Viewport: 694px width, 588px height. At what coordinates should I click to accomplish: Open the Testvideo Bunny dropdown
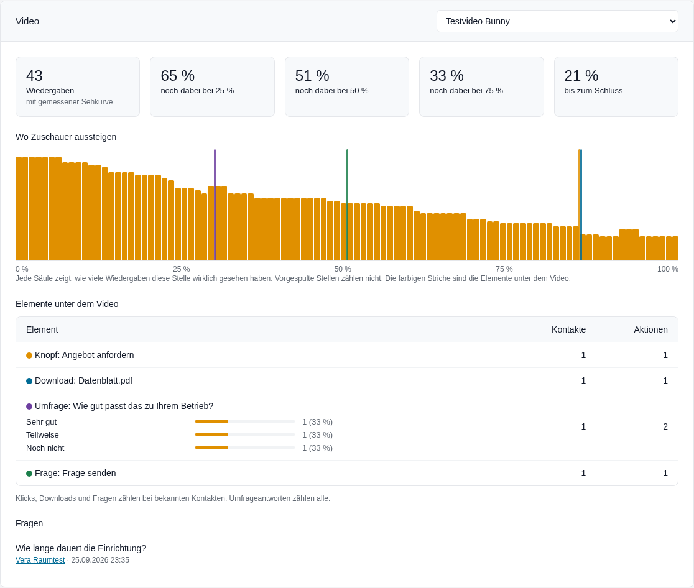coord(557,21)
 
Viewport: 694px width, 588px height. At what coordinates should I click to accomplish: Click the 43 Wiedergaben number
coord(35,76)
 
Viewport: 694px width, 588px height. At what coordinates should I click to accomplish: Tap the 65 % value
coord(177,76)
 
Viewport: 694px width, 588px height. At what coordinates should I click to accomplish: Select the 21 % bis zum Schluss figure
coord(581,76)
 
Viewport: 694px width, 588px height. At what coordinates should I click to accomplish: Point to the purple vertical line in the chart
coord(215,205)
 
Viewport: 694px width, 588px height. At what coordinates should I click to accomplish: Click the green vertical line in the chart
coord(347,205)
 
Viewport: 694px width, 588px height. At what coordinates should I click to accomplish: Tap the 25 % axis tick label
coord(182,269)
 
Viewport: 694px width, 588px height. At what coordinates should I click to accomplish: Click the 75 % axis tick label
coord(504,269)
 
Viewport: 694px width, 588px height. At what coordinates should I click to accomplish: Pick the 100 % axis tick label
coord(667,269)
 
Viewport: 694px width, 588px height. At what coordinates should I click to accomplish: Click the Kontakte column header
coord(568,329)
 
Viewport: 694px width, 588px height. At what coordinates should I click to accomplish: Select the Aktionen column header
coord(650,329)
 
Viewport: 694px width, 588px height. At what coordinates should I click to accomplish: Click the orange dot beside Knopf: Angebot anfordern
coord(29,356)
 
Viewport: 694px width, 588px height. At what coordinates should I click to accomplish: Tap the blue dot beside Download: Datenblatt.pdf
coord(29,381)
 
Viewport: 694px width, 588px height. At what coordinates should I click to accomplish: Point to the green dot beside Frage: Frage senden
coord(29,474)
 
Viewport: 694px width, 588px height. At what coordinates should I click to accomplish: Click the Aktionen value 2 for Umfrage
coord(665,427)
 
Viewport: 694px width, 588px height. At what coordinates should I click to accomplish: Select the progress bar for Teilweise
coord(245,435)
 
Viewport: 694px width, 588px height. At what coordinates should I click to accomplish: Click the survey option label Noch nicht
coord(45,448)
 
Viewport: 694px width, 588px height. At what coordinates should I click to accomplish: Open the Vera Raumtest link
coord(40,560)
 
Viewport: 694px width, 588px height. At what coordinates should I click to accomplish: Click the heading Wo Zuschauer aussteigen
coord(66,137)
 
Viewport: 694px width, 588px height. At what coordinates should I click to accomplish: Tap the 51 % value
coord(312,76)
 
